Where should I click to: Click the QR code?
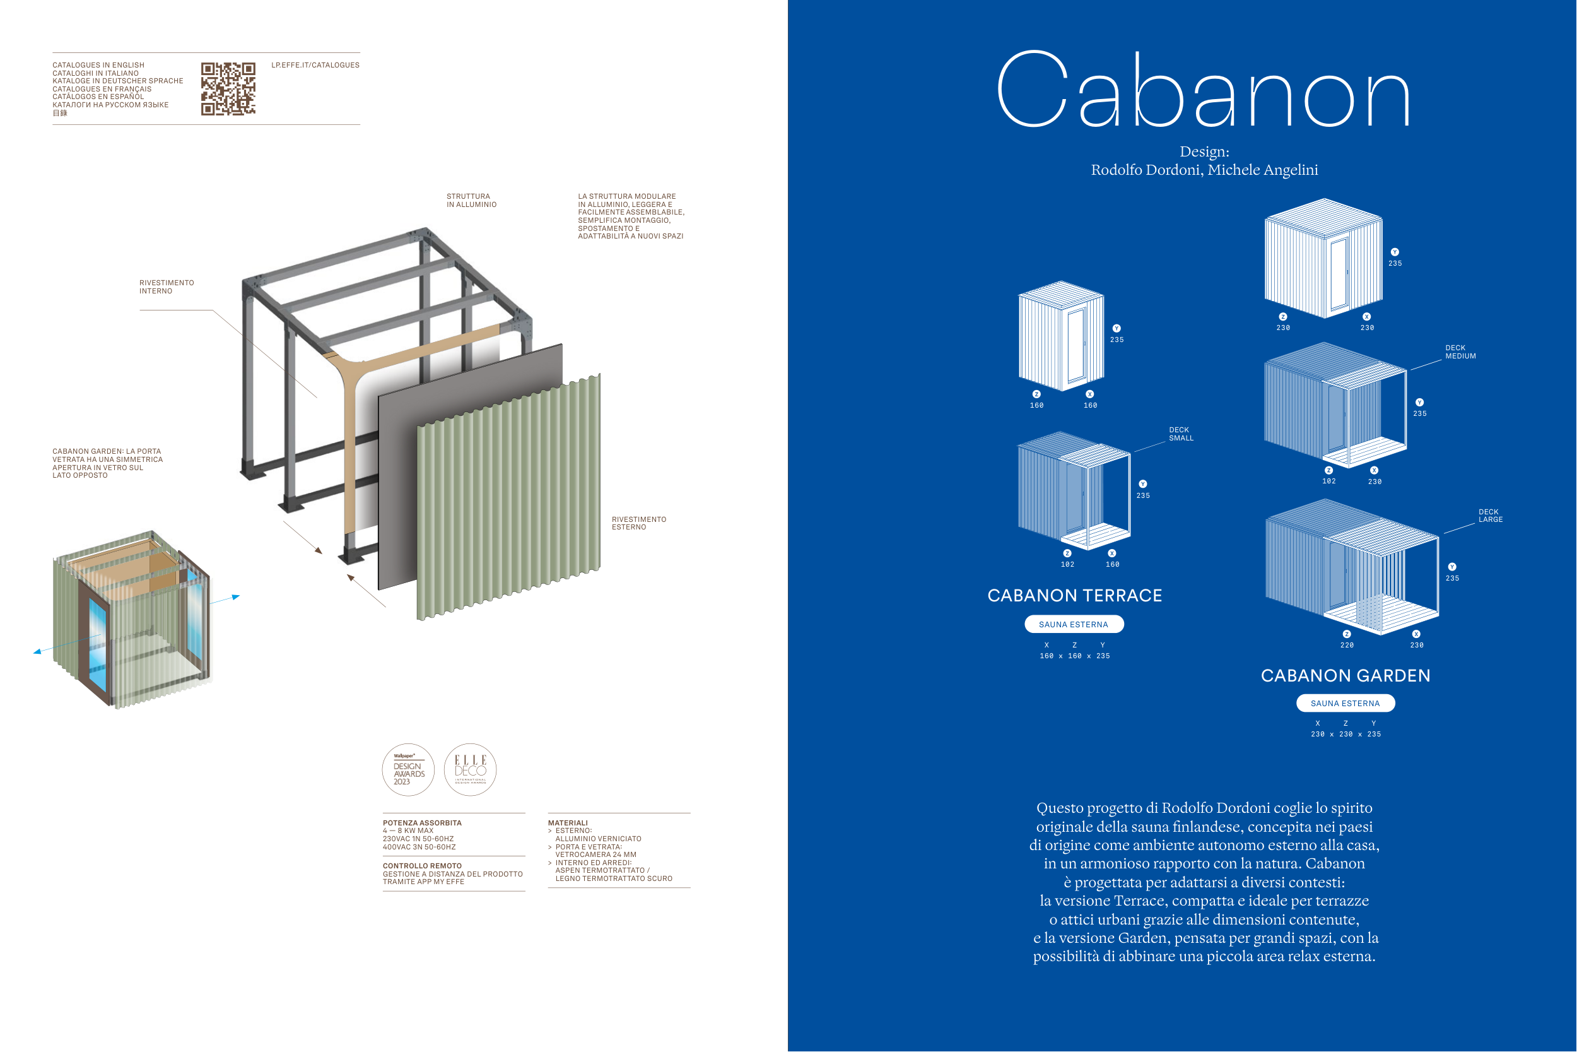click(228, 88)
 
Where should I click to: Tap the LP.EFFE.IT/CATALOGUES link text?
click(315, 65)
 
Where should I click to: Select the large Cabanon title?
click(1204, 91)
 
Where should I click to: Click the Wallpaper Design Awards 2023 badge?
click(408, 769)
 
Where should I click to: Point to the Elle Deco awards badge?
click(470, 769)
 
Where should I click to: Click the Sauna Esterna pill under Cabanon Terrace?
click(1074, 624)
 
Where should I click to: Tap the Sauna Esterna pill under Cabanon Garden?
click(1345, 703)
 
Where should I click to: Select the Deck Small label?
click(1181, 434)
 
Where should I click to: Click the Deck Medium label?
click(1460, 352)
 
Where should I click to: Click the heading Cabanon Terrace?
click(1074, 595)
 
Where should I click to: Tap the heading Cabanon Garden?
click(1345, 676)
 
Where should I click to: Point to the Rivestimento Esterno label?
click(638, 523)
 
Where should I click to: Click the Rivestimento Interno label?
click(167, 287)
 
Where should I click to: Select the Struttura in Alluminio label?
click(471, 201)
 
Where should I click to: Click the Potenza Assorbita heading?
click(422, 822)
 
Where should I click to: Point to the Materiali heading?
click(567, 822)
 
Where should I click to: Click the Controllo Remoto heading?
click(422, 865)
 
